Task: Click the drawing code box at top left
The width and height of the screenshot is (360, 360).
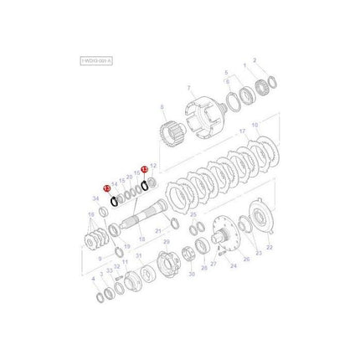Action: click(x=95, y=61)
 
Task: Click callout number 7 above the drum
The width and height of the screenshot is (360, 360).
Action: click(x=189, y=89)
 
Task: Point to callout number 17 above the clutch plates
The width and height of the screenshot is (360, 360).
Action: click(x=242, y=131)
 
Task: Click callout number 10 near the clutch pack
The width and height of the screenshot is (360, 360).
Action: click(x=255, y=126)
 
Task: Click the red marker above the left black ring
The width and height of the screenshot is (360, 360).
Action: click(x=105, y=189)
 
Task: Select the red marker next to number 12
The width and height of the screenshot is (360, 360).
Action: click(x=144, y=168)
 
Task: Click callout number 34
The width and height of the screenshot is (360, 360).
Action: click(x=95, y=198)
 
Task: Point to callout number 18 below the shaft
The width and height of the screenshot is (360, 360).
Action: click(x=141, y=240)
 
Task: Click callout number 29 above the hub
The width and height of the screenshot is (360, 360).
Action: click(x=166, y=242)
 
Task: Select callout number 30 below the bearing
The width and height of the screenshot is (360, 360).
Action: click(x=191, y=274)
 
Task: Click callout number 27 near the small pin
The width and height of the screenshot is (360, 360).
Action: click(x=213, y=264)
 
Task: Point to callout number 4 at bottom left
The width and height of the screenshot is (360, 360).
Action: click(x=93, y=280)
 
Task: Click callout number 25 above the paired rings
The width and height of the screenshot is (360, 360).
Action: click(x=193, y=214)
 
